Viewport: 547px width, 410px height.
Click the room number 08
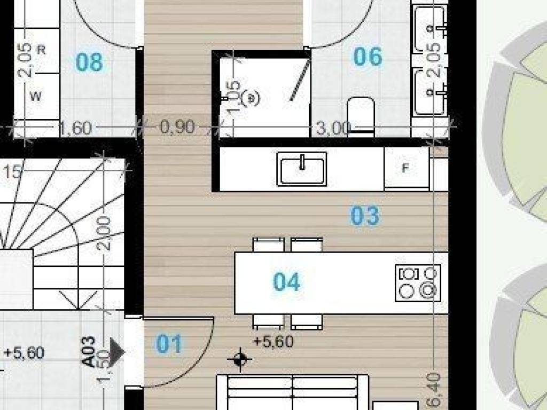tap(89, 62)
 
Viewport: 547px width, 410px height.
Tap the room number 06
tap(368, 57)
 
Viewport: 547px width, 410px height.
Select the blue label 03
tap(365, 216)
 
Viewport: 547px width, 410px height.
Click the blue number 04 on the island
tap(287, 282)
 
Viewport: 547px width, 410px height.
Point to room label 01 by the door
tap(169, 345)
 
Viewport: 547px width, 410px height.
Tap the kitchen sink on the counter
tap(302, 169)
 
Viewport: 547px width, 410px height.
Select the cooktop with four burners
tap(418, 282)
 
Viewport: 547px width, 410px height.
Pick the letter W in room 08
tap(36, 97)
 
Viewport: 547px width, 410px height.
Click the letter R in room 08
tap(42, 50)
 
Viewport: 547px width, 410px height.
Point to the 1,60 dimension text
tap(75, 129)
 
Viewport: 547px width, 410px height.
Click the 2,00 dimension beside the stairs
tap(106, 233)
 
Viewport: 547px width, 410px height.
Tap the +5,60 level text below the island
tap(273, 341)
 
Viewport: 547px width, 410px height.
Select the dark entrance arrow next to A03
tap(117, 352)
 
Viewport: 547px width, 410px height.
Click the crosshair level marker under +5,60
tap(240, 359)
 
